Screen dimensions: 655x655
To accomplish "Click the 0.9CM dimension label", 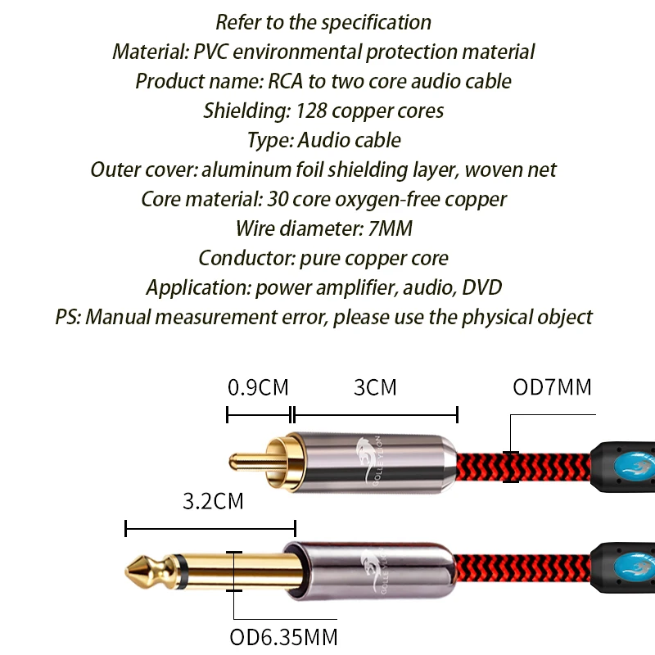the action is tap(258, 386).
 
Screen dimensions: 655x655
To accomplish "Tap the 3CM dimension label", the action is tap(375, 386).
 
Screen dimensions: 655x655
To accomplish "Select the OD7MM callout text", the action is tap(552, 386).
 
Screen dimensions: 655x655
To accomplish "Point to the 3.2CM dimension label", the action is tap(212, 500).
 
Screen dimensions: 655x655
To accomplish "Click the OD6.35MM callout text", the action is tap(282, 637).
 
